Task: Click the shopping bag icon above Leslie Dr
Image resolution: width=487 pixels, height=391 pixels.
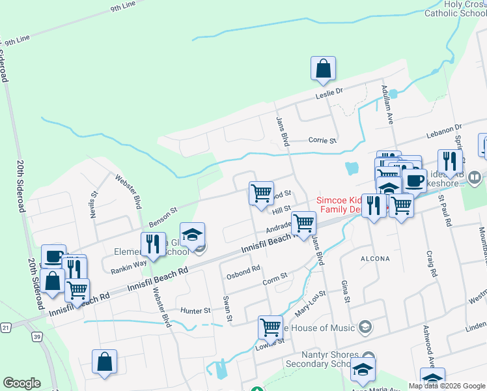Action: pos(323,68)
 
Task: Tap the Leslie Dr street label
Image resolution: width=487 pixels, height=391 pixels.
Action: pos(329,94)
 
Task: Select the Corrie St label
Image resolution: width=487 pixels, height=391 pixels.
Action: pos(322,140)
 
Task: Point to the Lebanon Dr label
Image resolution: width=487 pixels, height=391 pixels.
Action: pos(443,131)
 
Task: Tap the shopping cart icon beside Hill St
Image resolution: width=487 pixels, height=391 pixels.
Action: pos(261,193)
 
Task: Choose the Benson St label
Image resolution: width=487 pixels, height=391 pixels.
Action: pos(163,213)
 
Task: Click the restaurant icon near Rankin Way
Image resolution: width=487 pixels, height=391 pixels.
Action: pos(153,244)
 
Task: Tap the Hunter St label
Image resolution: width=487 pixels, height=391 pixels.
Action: pos(196,311)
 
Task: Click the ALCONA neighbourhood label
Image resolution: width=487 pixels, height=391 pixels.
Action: pos(375,259)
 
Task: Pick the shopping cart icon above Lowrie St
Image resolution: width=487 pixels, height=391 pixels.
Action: pos(270,327)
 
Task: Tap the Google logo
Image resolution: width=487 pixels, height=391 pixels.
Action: pos(21,383)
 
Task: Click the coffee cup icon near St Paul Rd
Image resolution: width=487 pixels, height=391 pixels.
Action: pos(414,180)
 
